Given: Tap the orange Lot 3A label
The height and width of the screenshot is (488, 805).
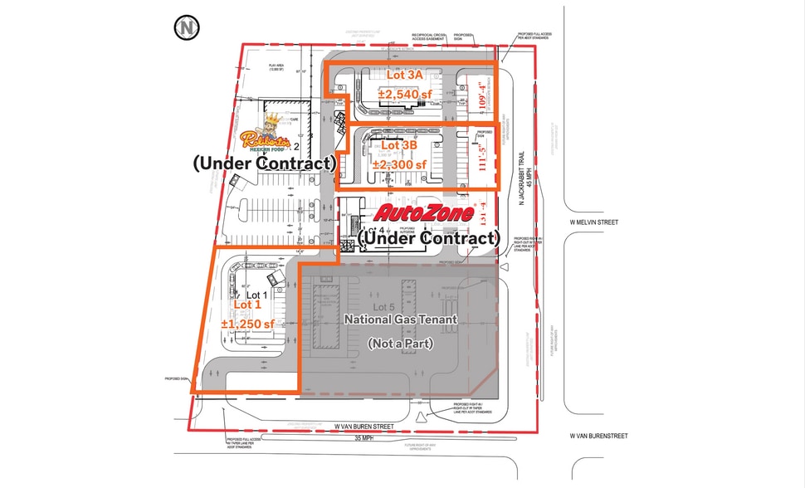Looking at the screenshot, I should coord(405,75).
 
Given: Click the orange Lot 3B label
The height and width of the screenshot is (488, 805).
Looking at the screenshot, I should coord(399,145).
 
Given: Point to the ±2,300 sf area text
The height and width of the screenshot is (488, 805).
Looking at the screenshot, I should coord(399,164).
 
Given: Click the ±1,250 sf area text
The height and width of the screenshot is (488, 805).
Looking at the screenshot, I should coord(248,324).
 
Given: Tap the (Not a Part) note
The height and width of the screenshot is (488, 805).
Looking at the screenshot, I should coord(399,343).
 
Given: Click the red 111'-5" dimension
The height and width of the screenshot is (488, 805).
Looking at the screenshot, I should coord(481,159).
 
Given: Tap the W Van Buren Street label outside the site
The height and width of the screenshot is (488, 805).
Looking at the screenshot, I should coord(598,436).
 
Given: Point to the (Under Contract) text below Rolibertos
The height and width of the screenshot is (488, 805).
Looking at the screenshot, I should coord(263,163).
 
